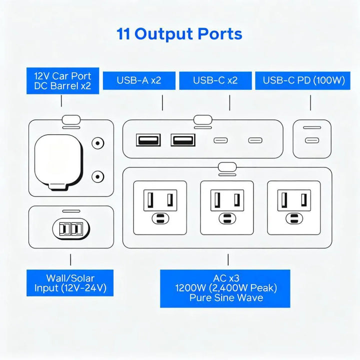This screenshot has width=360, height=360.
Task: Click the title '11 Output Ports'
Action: coord(179,34)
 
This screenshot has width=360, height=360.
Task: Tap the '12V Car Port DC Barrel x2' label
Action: coord(62,80)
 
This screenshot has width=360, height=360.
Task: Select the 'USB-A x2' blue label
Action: coord(139,80)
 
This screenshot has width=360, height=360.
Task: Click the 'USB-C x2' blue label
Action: coord(215,80)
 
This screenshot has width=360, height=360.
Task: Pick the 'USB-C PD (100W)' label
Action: coord(303,80)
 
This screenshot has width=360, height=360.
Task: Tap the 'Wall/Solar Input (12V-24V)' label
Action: coord(70,282)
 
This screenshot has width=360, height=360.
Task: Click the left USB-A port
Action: coord(148,140)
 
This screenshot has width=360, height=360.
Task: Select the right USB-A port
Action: coord(182,140)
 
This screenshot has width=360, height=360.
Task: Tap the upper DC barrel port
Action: coord(98,144)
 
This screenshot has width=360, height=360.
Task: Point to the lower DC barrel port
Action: coord(98,176)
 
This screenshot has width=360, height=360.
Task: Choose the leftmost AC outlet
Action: coord(160,206)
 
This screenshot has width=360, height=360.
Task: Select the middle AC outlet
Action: coord(226,206)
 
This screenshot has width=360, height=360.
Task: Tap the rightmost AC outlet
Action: coord(293,206)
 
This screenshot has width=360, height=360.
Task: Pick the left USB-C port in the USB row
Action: coord(220,140)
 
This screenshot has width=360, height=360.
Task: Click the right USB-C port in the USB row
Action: coord(255,140)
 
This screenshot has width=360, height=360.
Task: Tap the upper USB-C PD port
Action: coord(312,128)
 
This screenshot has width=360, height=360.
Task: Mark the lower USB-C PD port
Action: coord(312,140)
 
